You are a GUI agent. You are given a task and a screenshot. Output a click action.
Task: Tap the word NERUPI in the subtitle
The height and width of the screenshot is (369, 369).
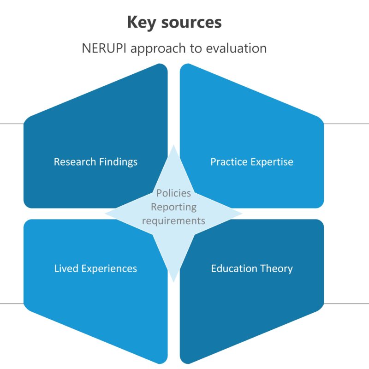[x=103, y=48]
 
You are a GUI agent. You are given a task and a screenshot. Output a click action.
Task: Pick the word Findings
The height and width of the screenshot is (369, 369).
[x=117, y=162]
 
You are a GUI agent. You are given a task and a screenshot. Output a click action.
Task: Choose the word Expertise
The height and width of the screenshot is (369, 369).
[x=272, y=162]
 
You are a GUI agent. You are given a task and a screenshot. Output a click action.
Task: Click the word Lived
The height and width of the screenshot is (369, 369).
[x=66, y=268]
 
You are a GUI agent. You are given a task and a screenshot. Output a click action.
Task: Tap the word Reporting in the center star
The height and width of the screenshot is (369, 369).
[x=173, y=207]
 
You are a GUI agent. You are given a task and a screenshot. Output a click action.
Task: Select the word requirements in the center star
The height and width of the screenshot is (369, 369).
[x=173, y=220]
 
